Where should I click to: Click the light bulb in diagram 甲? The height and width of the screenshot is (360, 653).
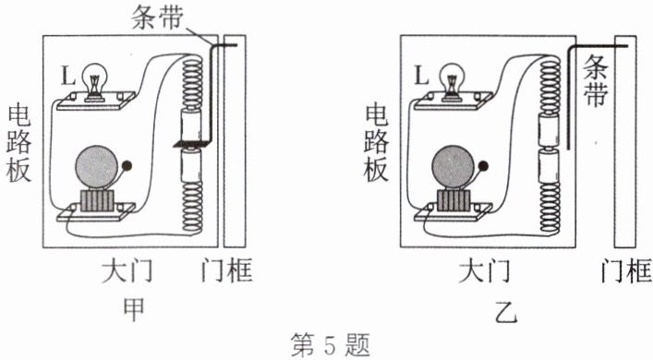(x=95, y=81)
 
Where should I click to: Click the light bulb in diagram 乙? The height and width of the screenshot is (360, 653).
(x=452, y=81)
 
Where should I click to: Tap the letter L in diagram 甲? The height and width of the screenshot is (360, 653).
(x=67, y=76)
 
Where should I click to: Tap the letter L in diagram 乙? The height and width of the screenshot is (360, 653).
(x=421, y=76)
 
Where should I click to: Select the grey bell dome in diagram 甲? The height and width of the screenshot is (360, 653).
(x=96, y=167)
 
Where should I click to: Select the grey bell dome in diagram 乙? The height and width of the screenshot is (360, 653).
(x=453, y=167)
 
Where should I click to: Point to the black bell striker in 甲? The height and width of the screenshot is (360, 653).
(x=127, y=166)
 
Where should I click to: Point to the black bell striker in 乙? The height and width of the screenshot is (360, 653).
(x=483, y=166)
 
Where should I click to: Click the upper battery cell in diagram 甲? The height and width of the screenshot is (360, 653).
(x=191, y=124)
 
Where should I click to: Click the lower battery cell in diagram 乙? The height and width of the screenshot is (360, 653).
(x=550, y=166)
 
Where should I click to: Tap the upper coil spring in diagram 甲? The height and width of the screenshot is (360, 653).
(x=192, y=81)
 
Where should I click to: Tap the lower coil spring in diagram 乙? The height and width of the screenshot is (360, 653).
(x=550, y=208)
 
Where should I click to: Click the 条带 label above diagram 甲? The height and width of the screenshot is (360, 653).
(x=157, y=18)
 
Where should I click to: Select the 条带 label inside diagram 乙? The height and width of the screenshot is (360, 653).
(x=596, y=80)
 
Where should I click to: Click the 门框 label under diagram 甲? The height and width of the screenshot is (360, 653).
(x=227, y=270)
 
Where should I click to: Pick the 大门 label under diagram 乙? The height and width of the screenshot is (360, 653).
(x=484, y=270)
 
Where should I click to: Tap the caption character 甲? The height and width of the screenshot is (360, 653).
(x=134, y=309)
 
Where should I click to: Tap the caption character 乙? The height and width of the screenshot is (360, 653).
(x=506, y=311)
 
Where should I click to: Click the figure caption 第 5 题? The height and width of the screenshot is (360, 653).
(x=331, y=344)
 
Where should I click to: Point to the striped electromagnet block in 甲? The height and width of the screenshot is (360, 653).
(x=97, y=200)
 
